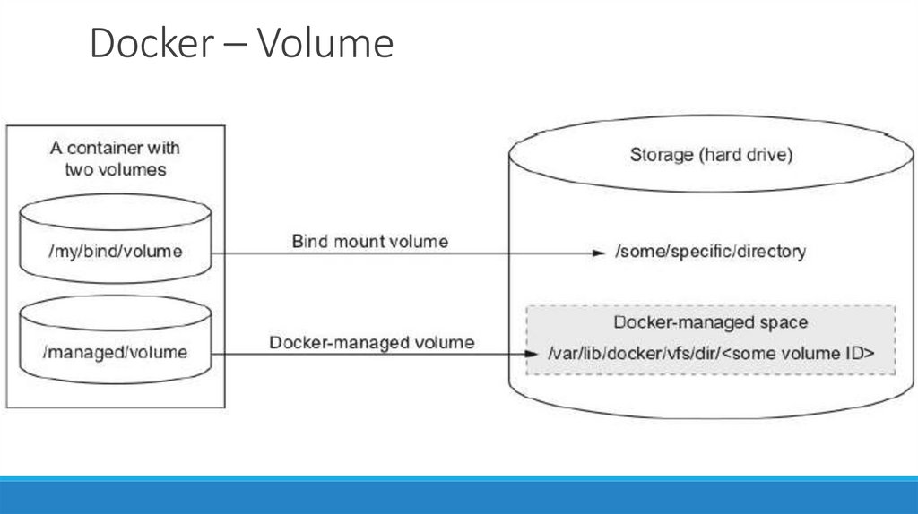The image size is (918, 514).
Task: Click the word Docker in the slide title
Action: click(x=144, y=44)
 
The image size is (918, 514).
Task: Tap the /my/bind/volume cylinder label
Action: click(x=114, y=252)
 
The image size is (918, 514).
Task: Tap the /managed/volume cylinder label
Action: click(x=114, y=352)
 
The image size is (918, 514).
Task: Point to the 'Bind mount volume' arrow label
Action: click(x=370, y=242)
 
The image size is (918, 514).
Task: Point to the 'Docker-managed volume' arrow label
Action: click(x=372, y=343)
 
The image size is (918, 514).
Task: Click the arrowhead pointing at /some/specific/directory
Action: click(x=600, y=253)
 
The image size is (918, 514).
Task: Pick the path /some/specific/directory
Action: click(x=709, y=252)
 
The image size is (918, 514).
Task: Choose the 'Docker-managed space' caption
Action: click(x=710, y=322)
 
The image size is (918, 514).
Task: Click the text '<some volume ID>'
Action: click(x=799, y=354)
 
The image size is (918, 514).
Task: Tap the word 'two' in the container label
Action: click(x=79, y=169)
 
